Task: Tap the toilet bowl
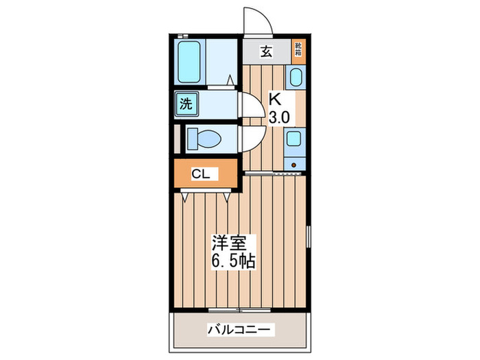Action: (203, 139)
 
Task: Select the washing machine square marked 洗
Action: (186, 104)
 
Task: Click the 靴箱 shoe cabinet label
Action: (299, 49)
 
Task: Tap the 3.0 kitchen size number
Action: (278, 117)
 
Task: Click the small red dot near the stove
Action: (293, 164)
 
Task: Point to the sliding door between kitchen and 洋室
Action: (274, 175)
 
